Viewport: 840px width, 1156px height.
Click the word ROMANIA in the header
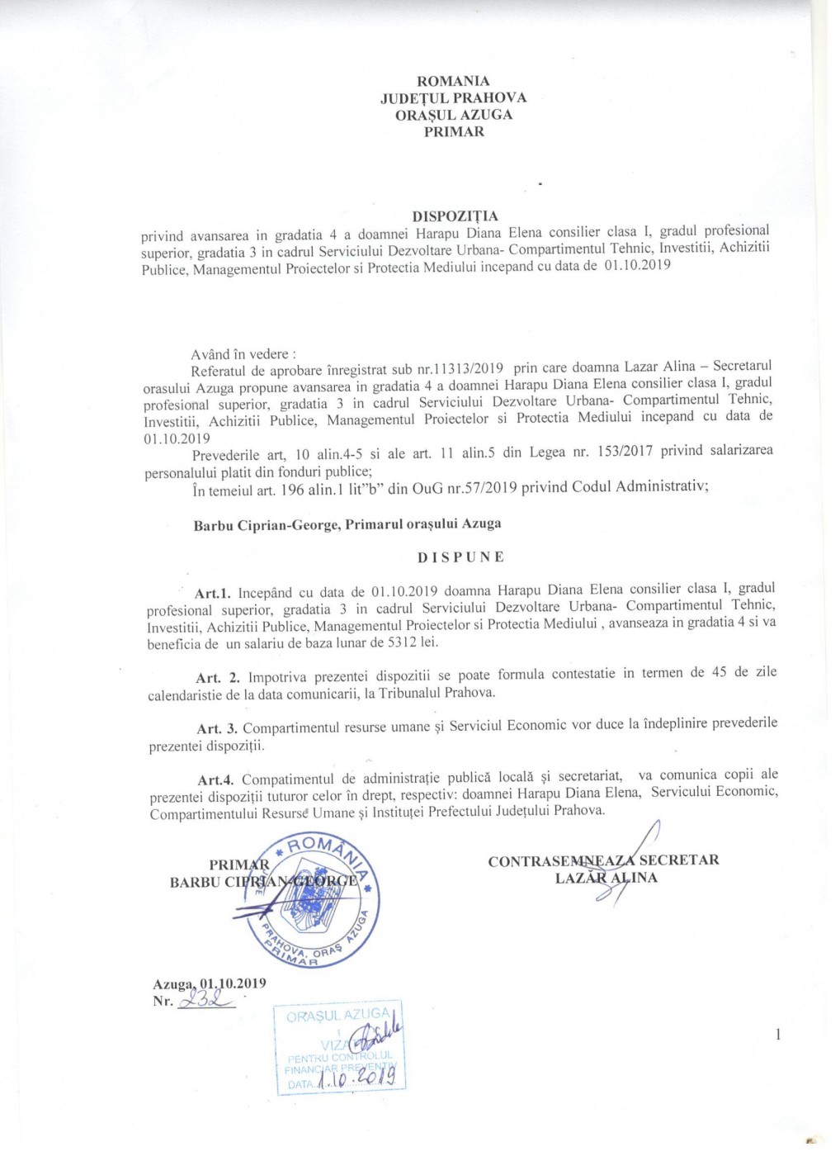pyautogui.click(x=453, y=81)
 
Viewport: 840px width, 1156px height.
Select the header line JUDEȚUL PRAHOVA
pyautogui.click(x=453, y=97)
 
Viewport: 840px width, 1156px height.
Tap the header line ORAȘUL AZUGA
pyautogui.click(x=453, y=115)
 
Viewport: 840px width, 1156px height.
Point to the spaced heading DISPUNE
pyautogui.click(x=460, y=557)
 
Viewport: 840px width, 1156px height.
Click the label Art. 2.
pyautogui.click(x=217, y=678)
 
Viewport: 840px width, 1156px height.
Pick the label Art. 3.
pyautogui.click(x=218, y=729)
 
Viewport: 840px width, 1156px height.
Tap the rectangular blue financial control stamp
pyautogui.click(x=339, y=1047)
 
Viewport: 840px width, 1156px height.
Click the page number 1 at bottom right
pyautogui.click(x=777, y=1035)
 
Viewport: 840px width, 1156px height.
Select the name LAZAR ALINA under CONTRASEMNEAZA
pyautogui.click(x=606, y=878)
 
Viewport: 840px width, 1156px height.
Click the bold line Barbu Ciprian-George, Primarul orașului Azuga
pyautogui.click(x=347, y=524)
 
